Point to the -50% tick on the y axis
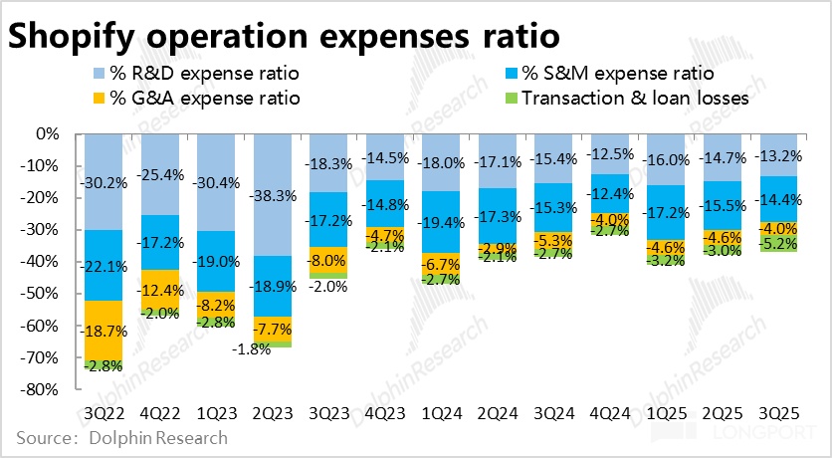pyautogui.click(x=43, y=294)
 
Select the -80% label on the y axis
pyautogui.click(x=43, y=389)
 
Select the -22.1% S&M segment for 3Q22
pyautogui.click(x=103, y=265)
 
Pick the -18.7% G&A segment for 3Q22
pyautogui.click(x=103, y=331)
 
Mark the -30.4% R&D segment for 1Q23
pyautogui.click(x=216, y=182)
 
